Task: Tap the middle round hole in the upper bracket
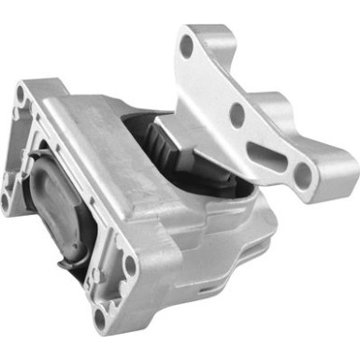[238, 114]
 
